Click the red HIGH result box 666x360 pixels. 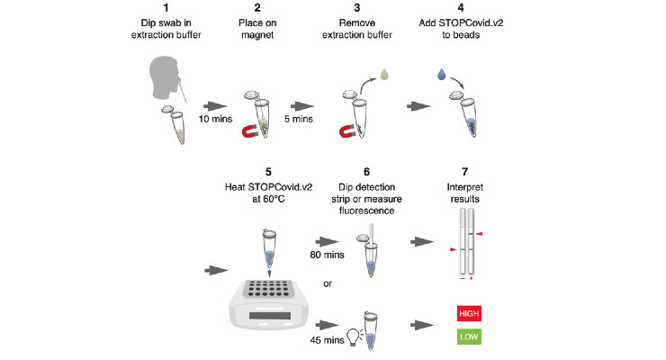click(x=469, y=314)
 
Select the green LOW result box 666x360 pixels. click(x=469, y=337)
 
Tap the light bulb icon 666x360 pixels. click(x=354, y=337)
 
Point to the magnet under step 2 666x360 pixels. click(x=249, y=131)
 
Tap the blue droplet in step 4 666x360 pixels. click(x=442, y=75)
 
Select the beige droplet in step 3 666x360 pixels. click(x=384, y=75)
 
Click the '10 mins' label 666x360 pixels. click(x=215, y=120)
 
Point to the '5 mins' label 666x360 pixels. click(x=299, y=120)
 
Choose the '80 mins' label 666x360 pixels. click(x=327, y=255)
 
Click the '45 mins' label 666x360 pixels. click(x=327, y=340)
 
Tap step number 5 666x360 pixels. click(x=268, y=172)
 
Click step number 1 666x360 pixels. click(x=166, y=7)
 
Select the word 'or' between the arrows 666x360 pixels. click(x=328, y=283)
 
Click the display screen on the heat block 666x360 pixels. click(x=270, y=315)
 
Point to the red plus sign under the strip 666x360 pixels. click(x=471, y=278)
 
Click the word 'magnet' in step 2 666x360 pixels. click(x=257, y=35)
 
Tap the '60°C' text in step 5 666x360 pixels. click(x=274, y=199)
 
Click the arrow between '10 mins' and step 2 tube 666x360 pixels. click(x=215, y=106)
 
